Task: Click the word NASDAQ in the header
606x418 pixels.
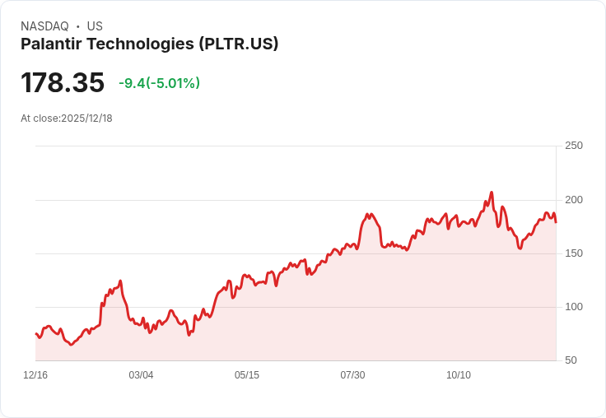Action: click(x=44, y=26)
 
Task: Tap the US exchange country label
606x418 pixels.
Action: click(x=95, y=26)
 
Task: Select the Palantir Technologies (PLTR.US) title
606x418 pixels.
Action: click(x=149, y=44)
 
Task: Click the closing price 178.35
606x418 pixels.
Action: click(x=63, y=83)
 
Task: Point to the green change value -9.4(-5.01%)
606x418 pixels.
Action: click(x=159, y=83)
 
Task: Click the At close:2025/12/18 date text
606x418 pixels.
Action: click(x=67, y=118)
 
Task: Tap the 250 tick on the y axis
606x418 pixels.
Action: click(x=574, y=146)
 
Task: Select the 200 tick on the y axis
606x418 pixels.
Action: click(x=574, y=200)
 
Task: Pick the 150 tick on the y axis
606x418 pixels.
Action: click(x=574, y=253)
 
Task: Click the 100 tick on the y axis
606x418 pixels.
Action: click(x=574, y=307)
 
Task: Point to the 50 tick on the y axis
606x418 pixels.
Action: click(x=571, y=360)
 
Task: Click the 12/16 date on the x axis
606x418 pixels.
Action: click(x=35, y=375)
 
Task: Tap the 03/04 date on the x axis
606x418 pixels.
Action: click(x=141, y=375)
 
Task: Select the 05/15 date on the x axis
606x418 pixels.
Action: click(x=247, y=375)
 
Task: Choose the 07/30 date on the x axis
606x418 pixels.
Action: click(x=352, y=375)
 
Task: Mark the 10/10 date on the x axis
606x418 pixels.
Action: click(x=459, y=375)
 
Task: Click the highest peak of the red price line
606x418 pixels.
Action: click(x=492, y=193)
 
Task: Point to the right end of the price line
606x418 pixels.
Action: click(x=556, y=222)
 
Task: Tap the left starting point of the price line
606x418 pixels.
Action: click(x=36, y=333)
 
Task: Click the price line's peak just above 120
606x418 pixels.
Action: click(x=120, y=281)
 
